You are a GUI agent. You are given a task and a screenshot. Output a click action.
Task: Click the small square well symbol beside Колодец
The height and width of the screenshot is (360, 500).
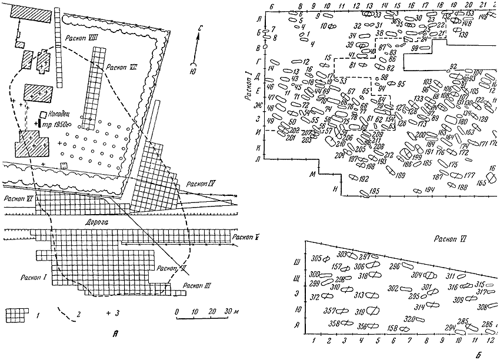44,115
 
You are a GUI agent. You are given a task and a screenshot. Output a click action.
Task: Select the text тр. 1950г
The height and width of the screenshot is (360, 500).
57,124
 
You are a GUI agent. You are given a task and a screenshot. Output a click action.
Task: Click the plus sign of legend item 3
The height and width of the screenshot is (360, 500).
109,313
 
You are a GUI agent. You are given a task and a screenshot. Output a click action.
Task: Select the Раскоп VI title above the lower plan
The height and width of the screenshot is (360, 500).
445,239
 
